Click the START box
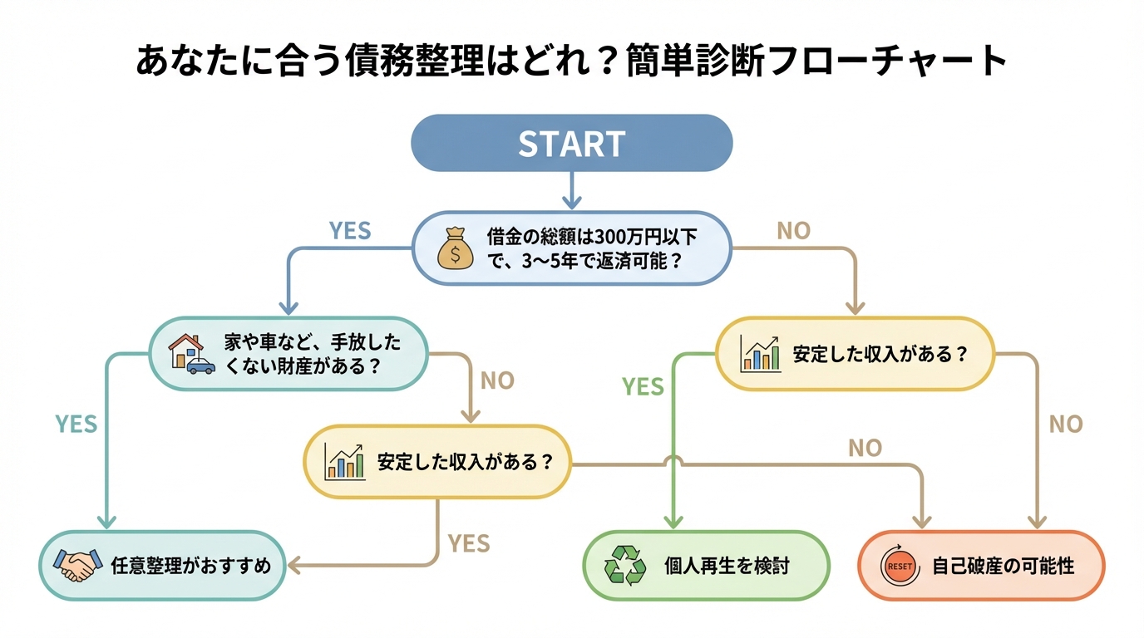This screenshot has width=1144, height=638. (572, 143)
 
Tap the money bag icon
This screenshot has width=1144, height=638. (455, 248)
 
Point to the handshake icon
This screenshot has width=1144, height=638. (76, 566)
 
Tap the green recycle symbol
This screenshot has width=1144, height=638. (624, 566)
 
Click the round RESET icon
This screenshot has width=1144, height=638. (900, 566)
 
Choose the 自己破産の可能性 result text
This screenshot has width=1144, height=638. (1003, 567)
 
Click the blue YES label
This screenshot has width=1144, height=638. (350, 231)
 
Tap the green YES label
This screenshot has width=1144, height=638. (643, 386)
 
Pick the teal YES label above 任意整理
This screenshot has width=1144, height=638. (76, 424)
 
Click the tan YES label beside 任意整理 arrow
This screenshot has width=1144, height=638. (469, 543)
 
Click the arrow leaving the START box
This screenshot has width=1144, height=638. (571, 190)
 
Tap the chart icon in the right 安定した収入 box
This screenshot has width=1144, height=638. (760, 353)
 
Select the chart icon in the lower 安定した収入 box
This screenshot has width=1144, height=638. (344, 462)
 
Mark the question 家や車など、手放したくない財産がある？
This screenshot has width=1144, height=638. (312, 354)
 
